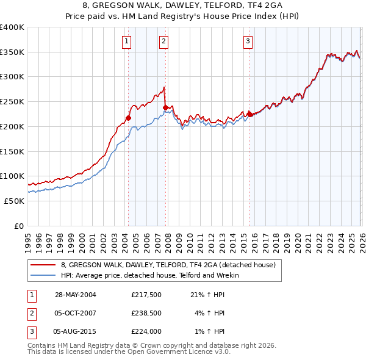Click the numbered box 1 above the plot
click(x=126, y=41)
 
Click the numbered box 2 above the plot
click(x=164, y=41)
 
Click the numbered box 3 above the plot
click(x=248, y=41)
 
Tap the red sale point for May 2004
click(x=129, y=118)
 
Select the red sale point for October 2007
click(x=165, y=107)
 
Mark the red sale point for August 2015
click(x=249, y=114)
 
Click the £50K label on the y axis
click(x=14, y=200)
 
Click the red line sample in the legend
click(x=44, y=265)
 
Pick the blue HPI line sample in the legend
click(x=44, y=275)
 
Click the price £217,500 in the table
click(x=146, y=295)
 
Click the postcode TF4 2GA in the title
click(x=237, y=7)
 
